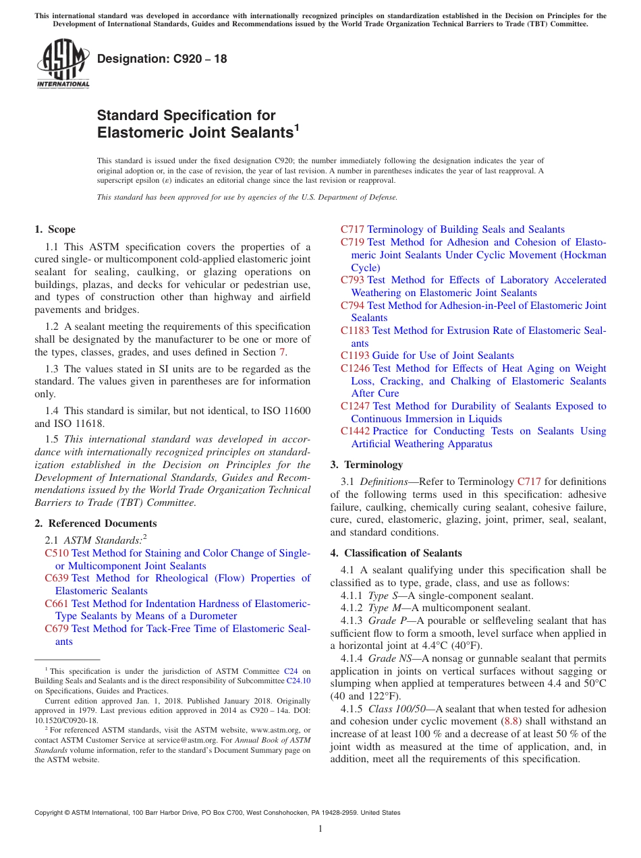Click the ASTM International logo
point(63,65)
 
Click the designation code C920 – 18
point(162,59)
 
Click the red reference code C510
point(57,553)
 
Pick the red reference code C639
point(57,578)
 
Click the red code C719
point(352,242)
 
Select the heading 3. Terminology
point(366,465)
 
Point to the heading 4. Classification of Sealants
point(396,553)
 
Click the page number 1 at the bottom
point(320,829)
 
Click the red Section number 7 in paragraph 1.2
point(282,352)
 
